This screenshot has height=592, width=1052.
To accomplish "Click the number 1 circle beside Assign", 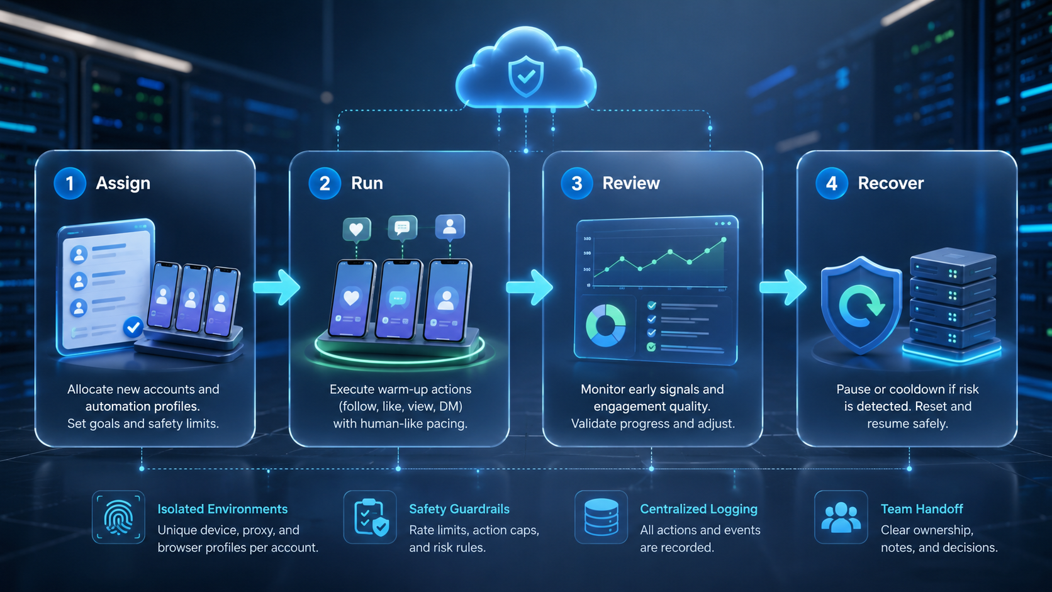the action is tap(70, 183).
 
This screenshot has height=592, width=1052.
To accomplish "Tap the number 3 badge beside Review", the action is tap(577, 183).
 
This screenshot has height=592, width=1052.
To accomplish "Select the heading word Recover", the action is tap(890, 183).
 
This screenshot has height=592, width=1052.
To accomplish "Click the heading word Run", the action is tap(367, 183).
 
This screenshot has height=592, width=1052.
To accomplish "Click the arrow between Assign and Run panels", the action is tap(277, 287).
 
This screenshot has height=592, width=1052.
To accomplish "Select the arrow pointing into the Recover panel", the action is tap(783, 287).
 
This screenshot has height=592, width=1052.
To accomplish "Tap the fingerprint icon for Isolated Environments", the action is tap(118, 517).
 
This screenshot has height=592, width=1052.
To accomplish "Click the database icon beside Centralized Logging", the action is tap(601, 517).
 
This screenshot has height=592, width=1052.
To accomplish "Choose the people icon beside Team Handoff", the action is tap(841, 517).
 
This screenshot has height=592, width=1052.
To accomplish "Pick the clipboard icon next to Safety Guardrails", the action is tap(371, 517).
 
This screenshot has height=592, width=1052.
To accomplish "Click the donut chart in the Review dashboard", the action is tap(605, 325).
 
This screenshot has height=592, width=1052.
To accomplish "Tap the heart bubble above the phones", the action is tap(357, 229).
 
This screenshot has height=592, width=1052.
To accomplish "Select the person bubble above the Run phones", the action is tap(450, 226).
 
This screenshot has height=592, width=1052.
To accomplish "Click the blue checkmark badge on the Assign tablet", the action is tap(133, 327).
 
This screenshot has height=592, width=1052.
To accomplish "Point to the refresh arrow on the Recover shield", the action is tap(861, 306).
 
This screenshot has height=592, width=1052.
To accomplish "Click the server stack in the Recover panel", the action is tap(953, 303).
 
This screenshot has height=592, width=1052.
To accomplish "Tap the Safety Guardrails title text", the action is tap(459, 509).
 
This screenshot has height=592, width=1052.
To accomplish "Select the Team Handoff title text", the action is tap(921, 509).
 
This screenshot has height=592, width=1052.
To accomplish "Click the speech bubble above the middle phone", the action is tap(403, 228).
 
